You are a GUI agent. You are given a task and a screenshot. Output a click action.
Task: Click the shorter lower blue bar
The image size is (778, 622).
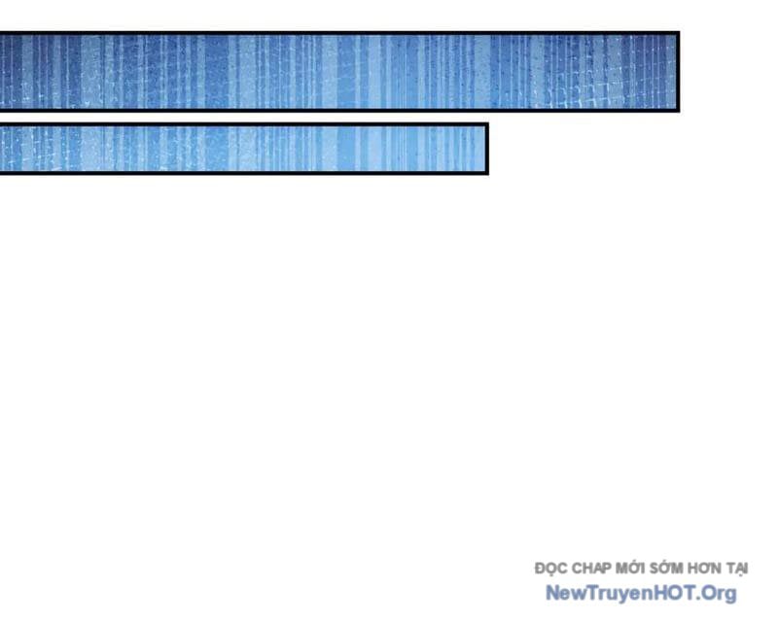point(243,149)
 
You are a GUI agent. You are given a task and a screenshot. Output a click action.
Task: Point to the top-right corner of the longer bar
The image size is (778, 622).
point(678,33)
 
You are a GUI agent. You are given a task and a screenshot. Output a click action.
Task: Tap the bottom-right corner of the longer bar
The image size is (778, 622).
point(678,110)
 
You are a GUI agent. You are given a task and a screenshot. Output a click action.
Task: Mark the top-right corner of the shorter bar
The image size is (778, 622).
point(487,124)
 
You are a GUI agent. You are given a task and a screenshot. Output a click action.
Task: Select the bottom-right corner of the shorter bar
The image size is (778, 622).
point(487,173)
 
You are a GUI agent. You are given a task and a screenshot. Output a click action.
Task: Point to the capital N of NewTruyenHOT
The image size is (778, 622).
point(551,593)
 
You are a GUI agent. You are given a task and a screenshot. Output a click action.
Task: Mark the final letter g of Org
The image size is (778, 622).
point(730,595)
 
